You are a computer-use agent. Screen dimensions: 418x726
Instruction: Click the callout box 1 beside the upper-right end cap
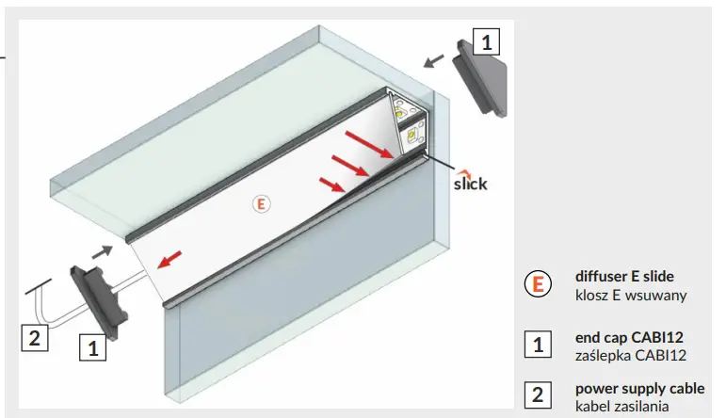point(486,42)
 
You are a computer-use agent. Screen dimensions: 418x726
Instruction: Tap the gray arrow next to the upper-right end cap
point(434,61)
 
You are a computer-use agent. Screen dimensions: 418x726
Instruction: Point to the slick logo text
point(470,183)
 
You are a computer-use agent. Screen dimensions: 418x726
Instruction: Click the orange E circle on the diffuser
point(261,202)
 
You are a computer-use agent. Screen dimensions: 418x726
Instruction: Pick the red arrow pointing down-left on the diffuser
point(171,259)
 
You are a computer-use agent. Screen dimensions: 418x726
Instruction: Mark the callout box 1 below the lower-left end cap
point(92,347)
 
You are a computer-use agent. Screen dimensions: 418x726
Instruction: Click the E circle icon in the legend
point(537,284)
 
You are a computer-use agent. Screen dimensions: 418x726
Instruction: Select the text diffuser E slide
point(624,277)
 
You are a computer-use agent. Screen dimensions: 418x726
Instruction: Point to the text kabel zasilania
point(622,406)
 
